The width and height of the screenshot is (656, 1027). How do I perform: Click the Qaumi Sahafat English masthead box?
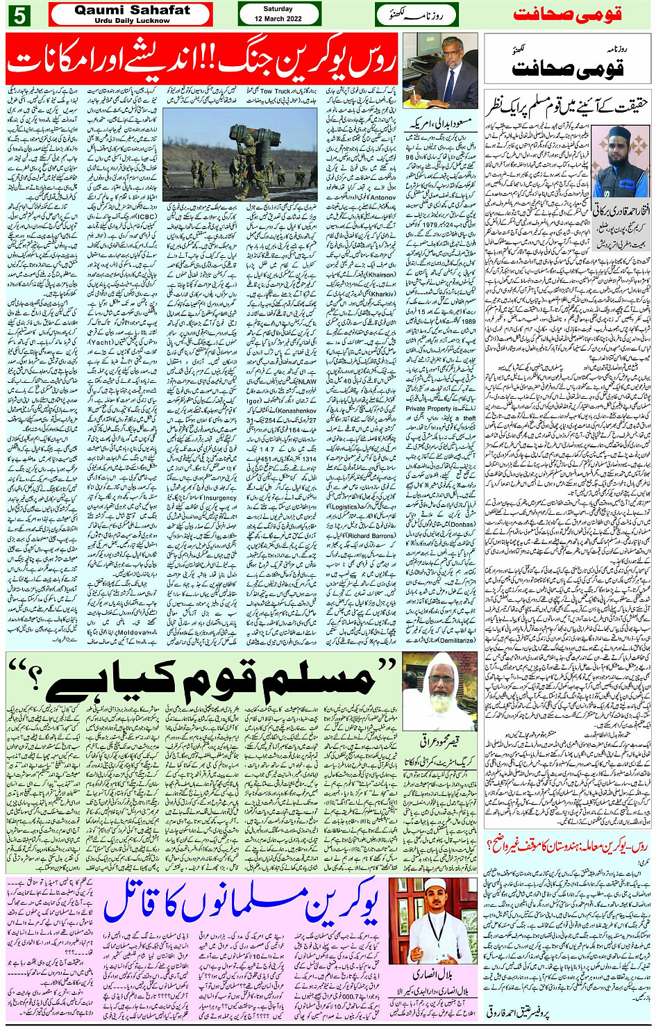[131, 14]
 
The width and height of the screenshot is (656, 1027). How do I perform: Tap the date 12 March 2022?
[278, 14]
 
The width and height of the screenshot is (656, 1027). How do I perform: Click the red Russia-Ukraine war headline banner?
[202, 58]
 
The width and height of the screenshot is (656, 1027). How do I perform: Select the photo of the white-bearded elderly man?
[439, 691]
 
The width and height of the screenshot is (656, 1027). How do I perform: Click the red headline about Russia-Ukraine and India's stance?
[567, 846]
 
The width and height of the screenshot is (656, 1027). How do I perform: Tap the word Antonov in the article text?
[382, 197]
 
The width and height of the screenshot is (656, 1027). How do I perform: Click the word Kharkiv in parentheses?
[382, 294]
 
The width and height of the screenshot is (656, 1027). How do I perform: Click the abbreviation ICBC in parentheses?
[144, 216]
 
